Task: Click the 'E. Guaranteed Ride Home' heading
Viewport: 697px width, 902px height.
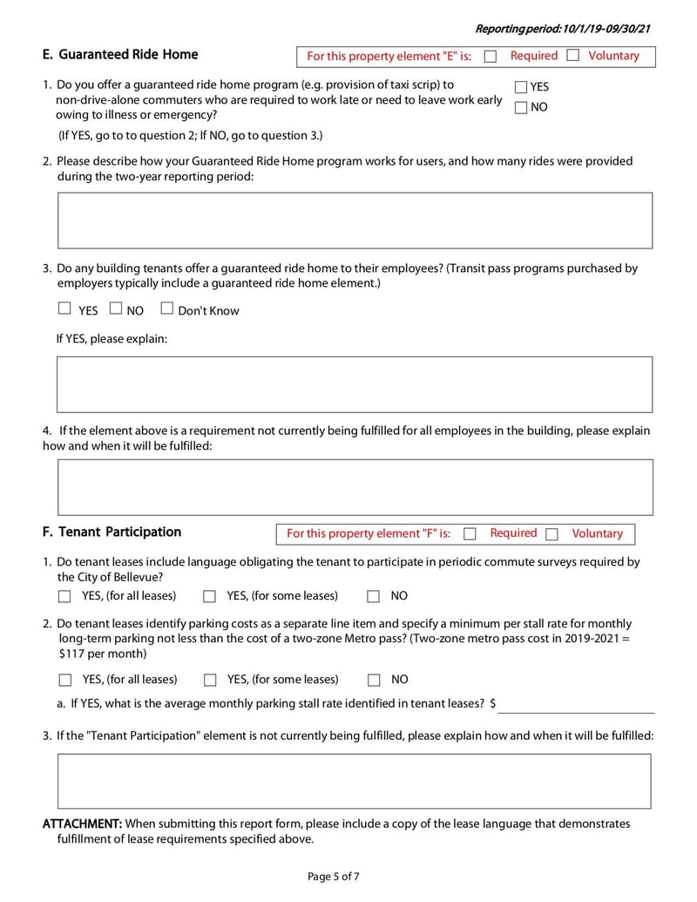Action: pos(120,55)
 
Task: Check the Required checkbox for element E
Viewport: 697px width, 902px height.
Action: pos(491,57)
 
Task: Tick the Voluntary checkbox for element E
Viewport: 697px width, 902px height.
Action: pos(573,56)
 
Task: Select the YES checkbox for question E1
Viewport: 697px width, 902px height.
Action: pos(521,87)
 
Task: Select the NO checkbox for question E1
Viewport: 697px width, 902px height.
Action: pos(521,108)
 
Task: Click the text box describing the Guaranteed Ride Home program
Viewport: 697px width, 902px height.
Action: pos(355,220)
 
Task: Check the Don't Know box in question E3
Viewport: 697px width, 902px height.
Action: pos(167,309)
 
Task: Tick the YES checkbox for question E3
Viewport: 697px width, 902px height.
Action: pos(64,309)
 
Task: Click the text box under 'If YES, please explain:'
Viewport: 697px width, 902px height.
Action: pos(355,384)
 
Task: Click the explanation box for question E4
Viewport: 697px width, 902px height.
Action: pos(355,487)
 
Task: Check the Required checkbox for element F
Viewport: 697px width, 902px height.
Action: pos(470,534)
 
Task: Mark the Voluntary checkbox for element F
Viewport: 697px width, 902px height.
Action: pos(552,534)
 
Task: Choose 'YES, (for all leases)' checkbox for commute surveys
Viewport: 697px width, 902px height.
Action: pos(65,597)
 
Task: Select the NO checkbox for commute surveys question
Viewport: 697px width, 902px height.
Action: pos(373,597)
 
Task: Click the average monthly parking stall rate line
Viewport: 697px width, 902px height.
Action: pos(576,705)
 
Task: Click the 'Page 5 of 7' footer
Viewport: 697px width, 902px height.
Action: pos(333,877)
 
